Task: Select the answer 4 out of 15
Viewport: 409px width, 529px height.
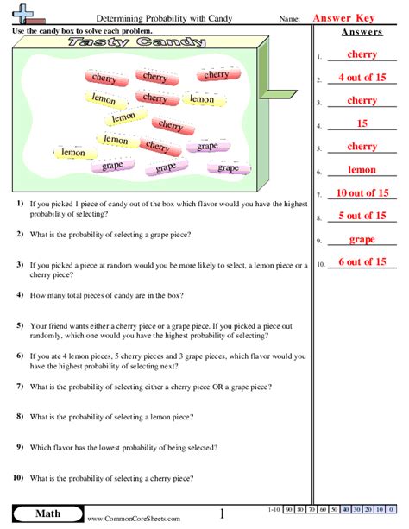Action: tap(362, 79)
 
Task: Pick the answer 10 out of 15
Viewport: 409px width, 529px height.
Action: tap(362, 193)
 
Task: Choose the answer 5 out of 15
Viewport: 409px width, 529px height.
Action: tap(362, 216)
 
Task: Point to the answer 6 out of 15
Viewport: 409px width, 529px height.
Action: tap(362, 261)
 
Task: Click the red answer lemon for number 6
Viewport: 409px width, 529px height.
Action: tap(362, 170)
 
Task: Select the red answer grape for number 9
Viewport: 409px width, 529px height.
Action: tap(362, 239)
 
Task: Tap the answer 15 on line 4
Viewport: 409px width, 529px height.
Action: tap(362, 124)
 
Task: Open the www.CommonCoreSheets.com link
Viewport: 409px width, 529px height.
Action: tap(134, 519)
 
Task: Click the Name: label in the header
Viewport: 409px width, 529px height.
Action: tap(289, 18)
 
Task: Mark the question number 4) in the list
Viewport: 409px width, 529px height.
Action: tap(19, 294)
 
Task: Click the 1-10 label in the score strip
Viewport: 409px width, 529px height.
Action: tap(274, 510)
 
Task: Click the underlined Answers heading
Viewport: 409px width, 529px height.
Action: tap(362, 32)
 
